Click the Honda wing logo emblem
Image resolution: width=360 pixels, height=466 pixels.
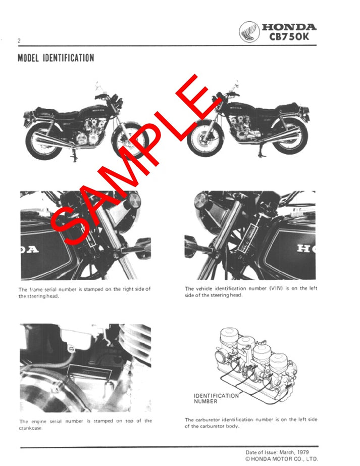click(x=248, y=31)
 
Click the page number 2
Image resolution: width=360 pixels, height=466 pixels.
click(x=19, y=40)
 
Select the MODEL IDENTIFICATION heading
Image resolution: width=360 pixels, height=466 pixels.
click(x=56, y=58)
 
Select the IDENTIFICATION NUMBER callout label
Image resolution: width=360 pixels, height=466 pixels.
click(x=216, y=398)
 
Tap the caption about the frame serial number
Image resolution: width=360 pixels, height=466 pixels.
click(x=84, y=292)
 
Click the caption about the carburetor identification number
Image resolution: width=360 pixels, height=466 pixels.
click(x=250, y=423)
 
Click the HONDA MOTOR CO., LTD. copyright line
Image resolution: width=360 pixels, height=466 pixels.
click(x=281, y=459)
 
